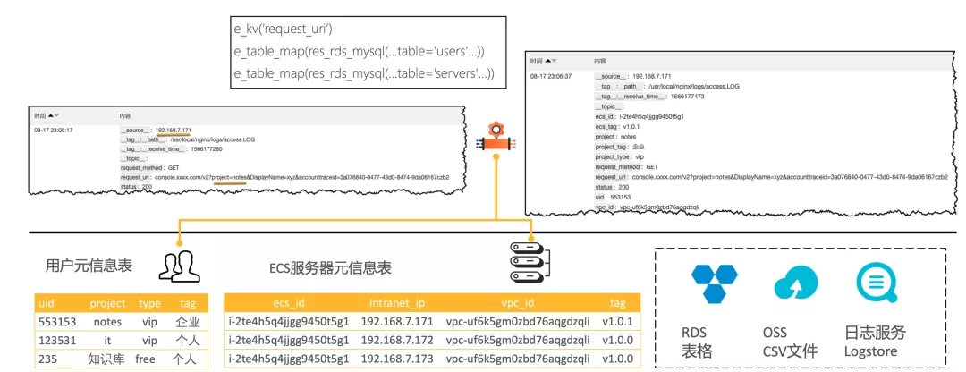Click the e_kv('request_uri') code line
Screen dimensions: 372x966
284,30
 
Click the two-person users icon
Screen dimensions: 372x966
180,266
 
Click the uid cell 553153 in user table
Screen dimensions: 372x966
55,320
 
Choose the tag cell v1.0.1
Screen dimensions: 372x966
618,320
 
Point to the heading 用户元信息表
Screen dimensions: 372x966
89,266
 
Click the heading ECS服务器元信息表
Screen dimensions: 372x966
330,267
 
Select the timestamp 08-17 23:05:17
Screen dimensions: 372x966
55,131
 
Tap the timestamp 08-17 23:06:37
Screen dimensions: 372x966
551,77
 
